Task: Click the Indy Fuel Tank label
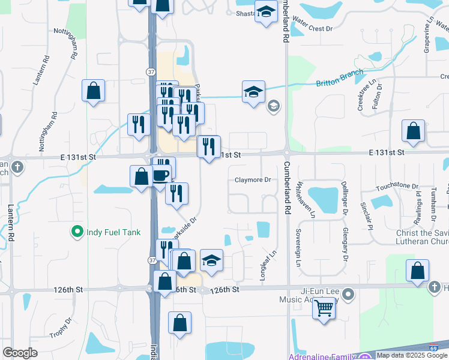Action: tap(111, 231)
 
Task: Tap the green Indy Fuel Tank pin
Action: tap(77, 231)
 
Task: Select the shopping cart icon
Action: tap(324, 308)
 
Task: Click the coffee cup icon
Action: tap(160, 175)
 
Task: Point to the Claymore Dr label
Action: tap(253, 179)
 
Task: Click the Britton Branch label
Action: tap(340, 77)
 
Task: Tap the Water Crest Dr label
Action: tap(312, 28)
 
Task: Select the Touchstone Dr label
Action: tap(397, 188)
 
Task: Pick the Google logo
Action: tap(20, 352)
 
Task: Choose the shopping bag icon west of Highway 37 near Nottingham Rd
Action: tap(94, 91)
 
